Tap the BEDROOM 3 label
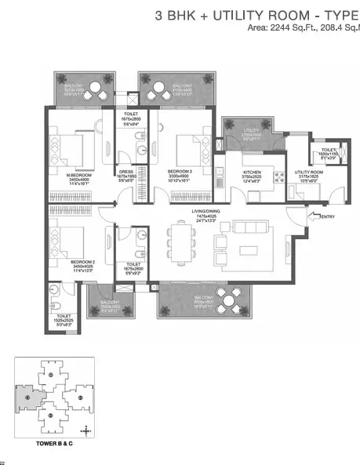(x=182, y=170)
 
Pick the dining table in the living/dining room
(x=184, y=239)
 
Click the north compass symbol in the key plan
(x=85, y=430)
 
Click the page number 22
(x=3, y=462)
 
